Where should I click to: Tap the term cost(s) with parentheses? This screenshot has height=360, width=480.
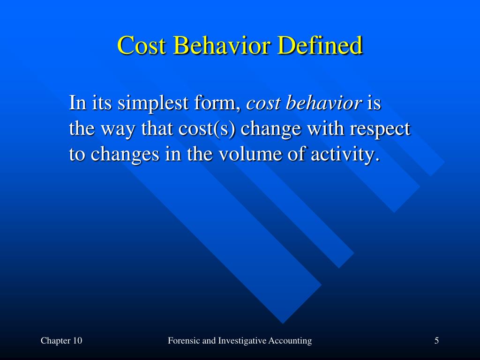(209, 129)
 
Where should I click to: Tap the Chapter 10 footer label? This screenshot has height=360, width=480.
(61, 341)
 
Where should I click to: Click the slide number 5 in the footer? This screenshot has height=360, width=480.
(436, 341)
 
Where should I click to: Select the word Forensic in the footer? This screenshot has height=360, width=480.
(184, 341)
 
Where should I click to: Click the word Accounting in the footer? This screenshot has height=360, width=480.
(290, 341)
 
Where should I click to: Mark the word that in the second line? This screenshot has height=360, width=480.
(157, 129)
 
